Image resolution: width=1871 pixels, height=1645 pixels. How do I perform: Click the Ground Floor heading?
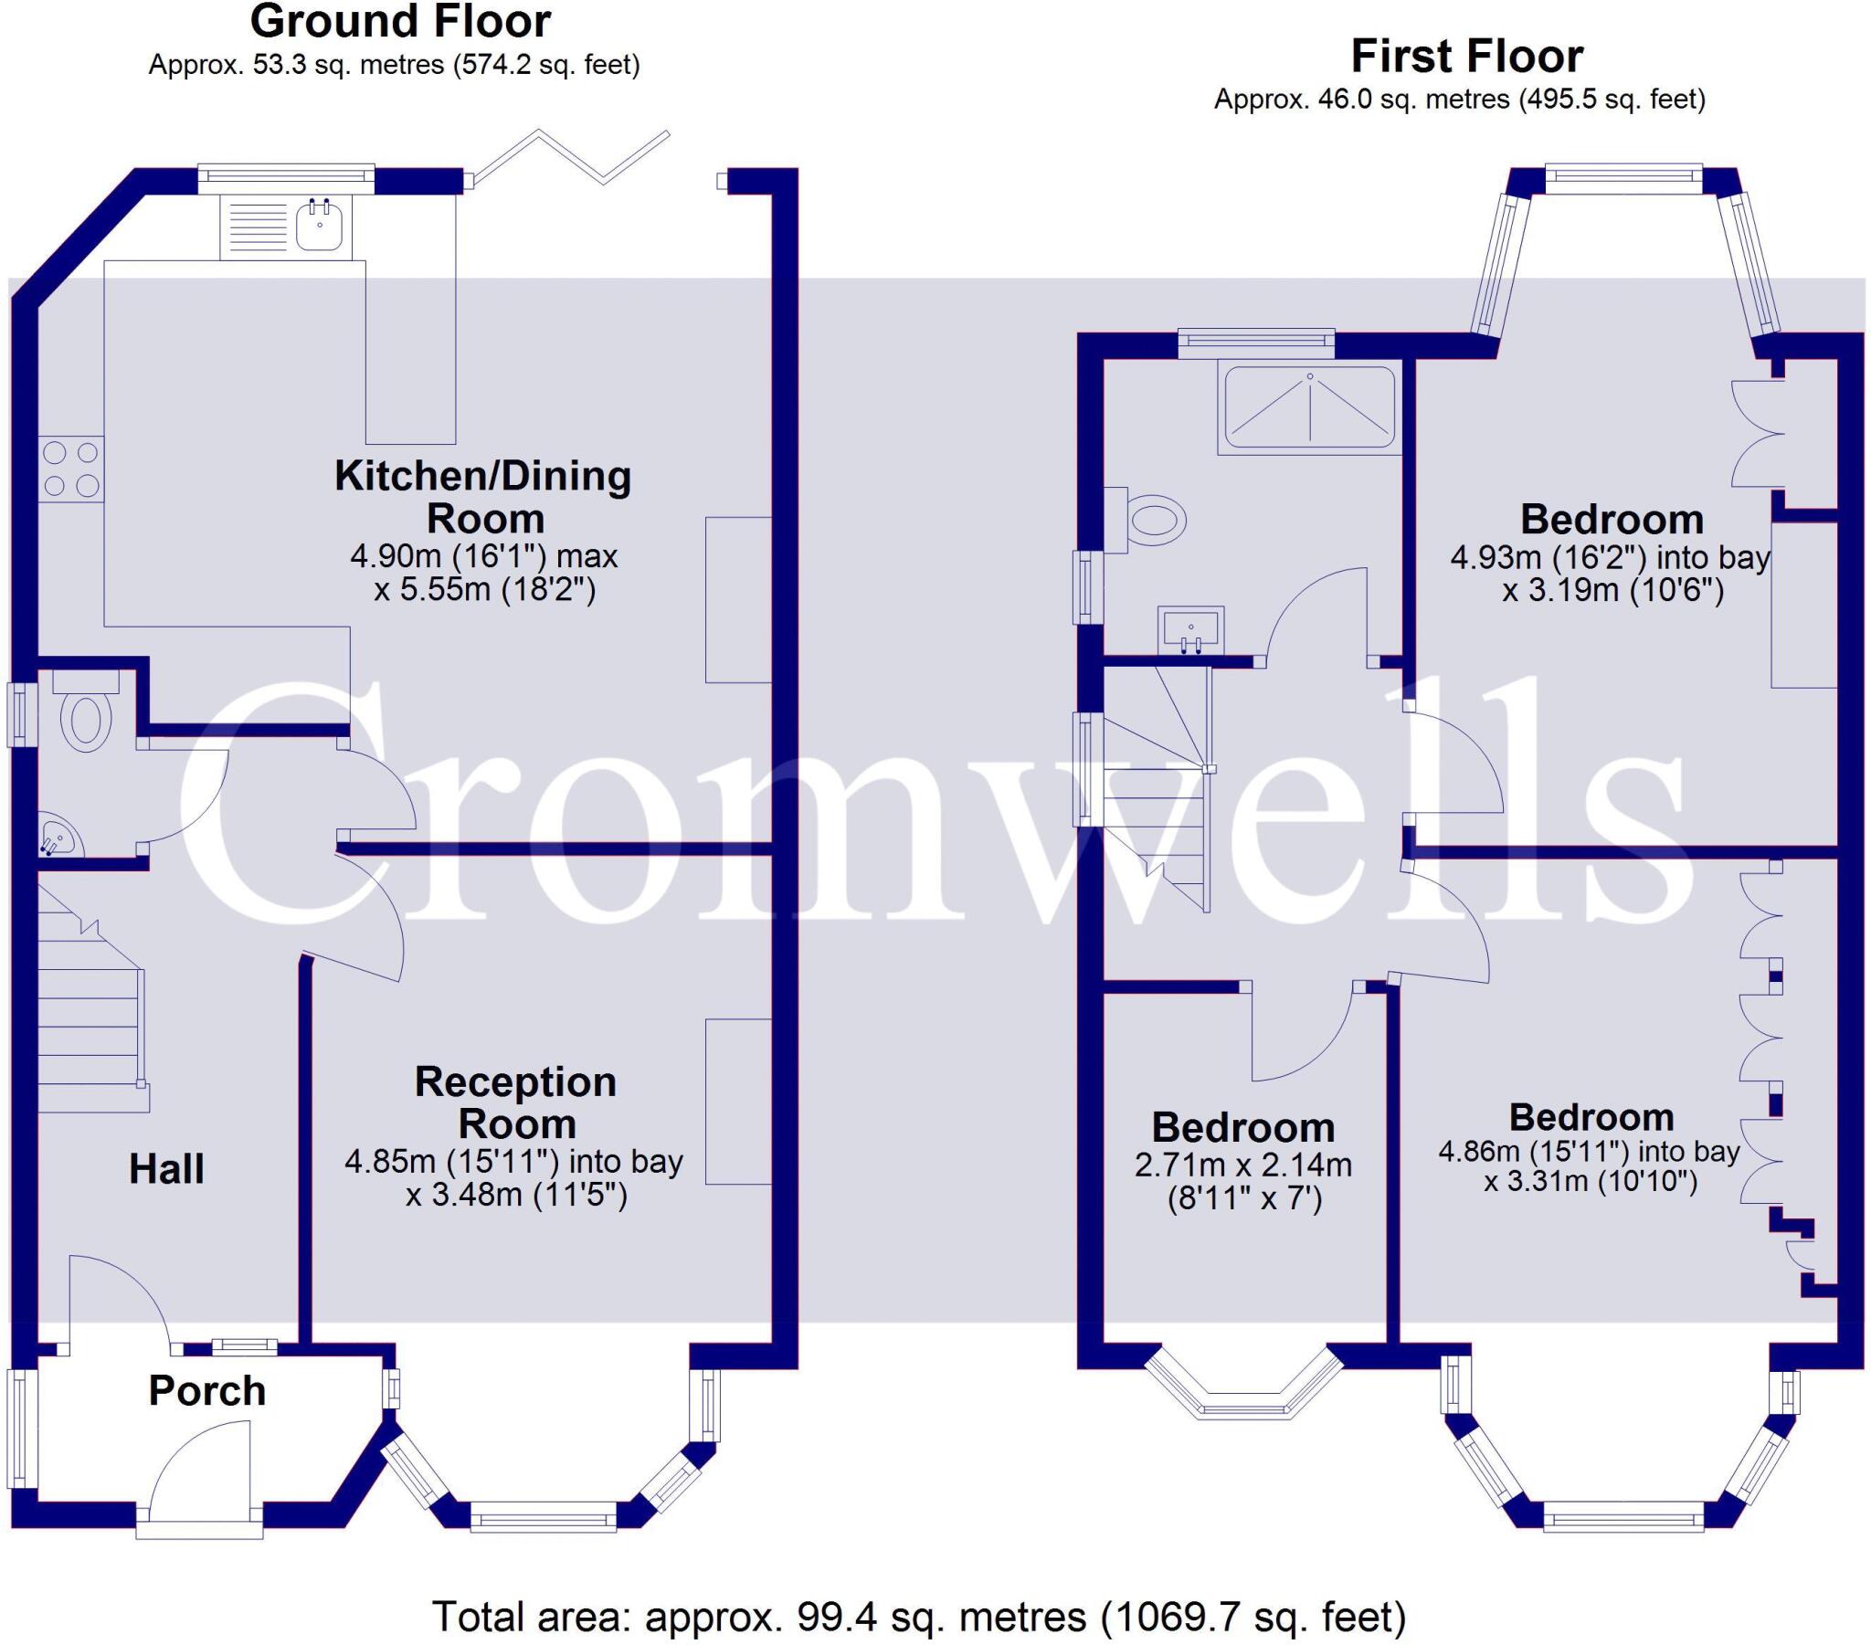[400, 22]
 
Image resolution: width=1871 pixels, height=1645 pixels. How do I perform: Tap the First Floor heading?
[1466, 57]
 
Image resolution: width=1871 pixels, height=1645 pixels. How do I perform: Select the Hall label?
[165, 1169]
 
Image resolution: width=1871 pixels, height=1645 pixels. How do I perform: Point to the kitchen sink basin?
[320, 227]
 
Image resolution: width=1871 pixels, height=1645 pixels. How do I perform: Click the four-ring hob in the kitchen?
[71, 469]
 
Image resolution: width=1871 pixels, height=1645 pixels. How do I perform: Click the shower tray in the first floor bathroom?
[1309, 409]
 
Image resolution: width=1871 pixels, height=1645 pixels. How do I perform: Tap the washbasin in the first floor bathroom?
[1190, 630]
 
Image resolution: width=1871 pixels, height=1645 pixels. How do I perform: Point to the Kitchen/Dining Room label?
[483, 497]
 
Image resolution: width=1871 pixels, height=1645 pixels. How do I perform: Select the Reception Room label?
[515, 1102]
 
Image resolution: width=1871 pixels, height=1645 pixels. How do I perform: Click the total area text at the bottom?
[918, 1617]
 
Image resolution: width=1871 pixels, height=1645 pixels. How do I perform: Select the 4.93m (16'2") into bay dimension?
[1610, 557]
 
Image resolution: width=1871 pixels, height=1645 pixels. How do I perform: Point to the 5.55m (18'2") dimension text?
[485, 588]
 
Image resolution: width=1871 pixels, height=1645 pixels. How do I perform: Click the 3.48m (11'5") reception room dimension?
[516, 1195]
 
